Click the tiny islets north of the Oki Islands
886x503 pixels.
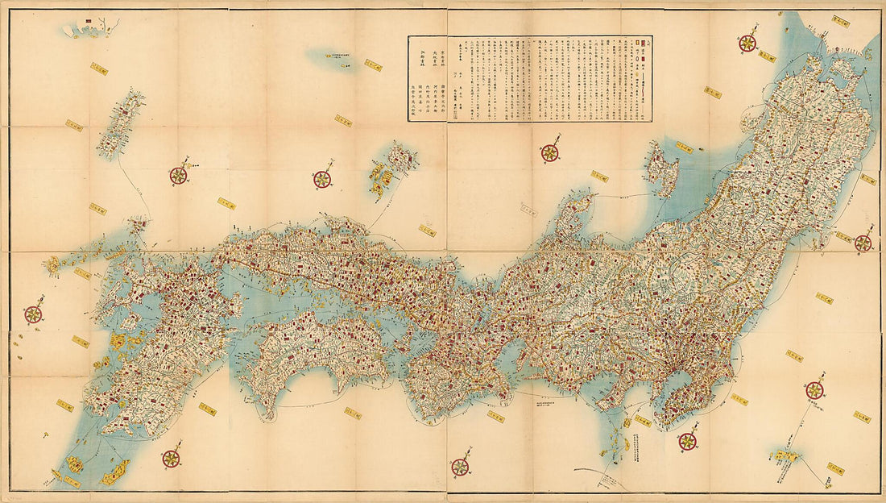click(x=332, y=57)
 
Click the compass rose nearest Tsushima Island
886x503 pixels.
click(x=178, y=175)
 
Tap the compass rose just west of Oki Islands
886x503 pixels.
click(x=322, y=179)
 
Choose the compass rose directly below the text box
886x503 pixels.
click(x=550, y=152)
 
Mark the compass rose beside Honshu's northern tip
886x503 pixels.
click(x=747, y=44)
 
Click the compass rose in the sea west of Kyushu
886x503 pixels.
click(x=33, y=314)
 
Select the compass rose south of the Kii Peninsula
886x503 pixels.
click(x=460, y=466)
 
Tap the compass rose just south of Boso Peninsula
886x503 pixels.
click(x=687, y=440)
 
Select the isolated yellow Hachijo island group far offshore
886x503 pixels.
click(x=783, y=458)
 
